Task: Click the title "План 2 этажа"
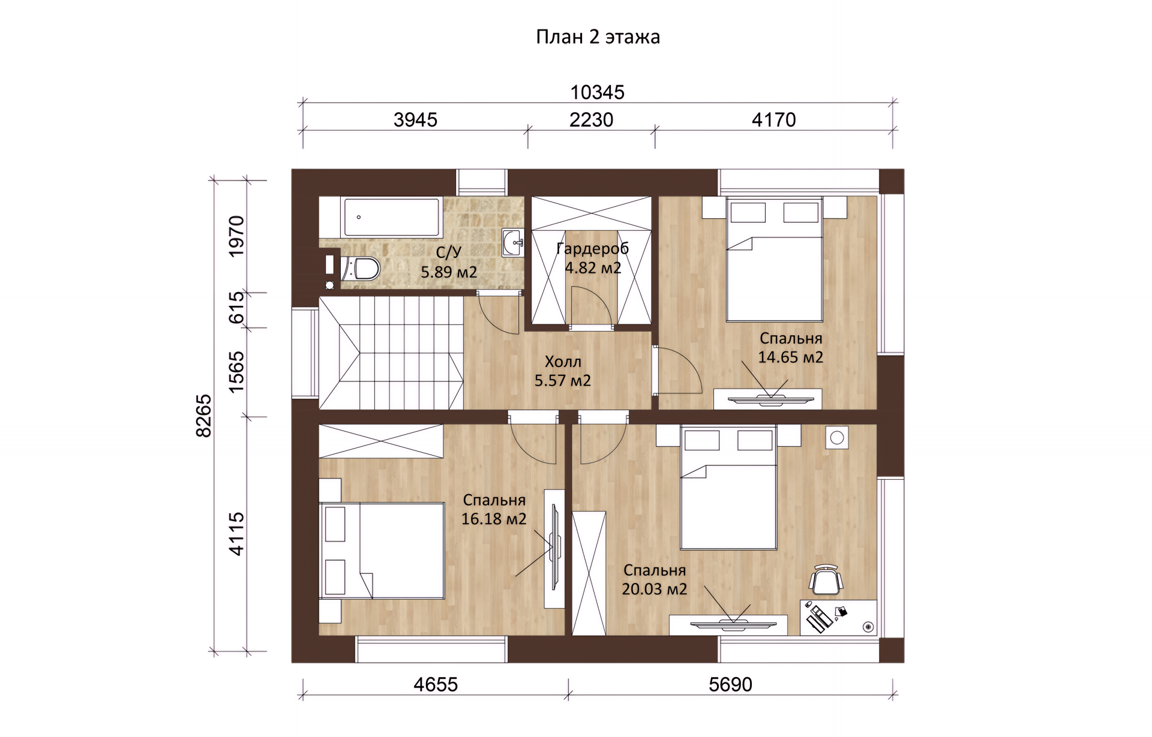598,37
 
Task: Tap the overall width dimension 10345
597,92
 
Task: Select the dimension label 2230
591,120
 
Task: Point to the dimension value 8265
204,416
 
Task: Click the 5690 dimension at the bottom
730,684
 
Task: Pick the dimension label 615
237,306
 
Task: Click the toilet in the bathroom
360,269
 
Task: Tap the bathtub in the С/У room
391,217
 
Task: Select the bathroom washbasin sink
512,243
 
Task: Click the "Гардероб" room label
592,248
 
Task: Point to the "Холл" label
563,362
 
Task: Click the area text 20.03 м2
654,589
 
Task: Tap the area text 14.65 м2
790,357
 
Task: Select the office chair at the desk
826,579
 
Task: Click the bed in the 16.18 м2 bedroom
382,551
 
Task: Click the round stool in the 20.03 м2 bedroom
837,438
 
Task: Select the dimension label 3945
415,120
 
